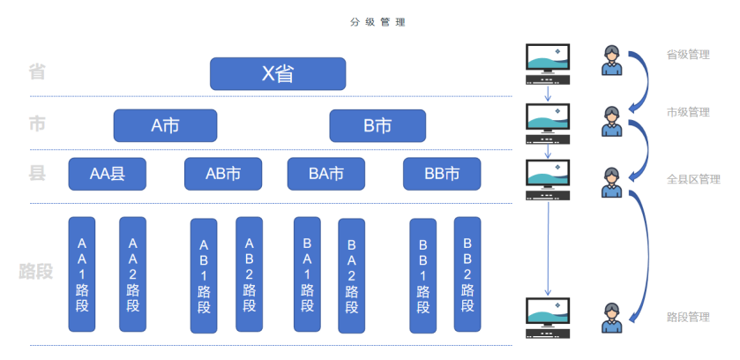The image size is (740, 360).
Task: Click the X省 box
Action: pyautogui.click(x=277, y=73)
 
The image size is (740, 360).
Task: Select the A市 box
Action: pyautogui.click(x=165, y=125)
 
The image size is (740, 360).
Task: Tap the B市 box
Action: pyautogui.click(x=377, y=125)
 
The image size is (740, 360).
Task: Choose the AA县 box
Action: pyautogui.click(x=107, y=174)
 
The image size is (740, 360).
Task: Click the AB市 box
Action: pyautogui.click(x=223, y=174)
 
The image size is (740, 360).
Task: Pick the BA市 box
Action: pyautogui.click(x=326, y=174)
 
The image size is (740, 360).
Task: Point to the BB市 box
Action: pyautogui.click(x=442, y=174)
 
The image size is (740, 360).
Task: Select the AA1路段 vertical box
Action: pyautogui.click(x=82, y=274)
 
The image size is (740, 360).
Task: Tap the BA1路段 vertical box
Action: pyautogui.click(x=307, y=274)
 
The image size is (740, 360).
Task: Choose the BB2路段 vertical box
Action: pyautogui.click(x=467, y=274)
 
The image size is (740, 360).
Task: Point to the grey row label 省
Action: pyautogui.click(x=37, y=71)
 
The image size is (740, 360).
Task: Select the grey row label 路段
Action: pyautogui.click(x=36, y=271)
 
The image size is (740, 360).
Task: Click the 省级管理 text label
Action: pyautogui.click(x=688, y=55)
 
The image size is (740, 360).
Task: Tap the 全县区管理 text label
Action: pyautogui.click(x=693, y=179)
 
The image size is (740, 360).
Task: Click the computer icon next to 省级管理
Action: pyautogui.click(x=548, y=64)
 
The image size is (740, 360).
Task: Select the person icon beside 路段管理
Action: pyautogui.click(x=610, y=318)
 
